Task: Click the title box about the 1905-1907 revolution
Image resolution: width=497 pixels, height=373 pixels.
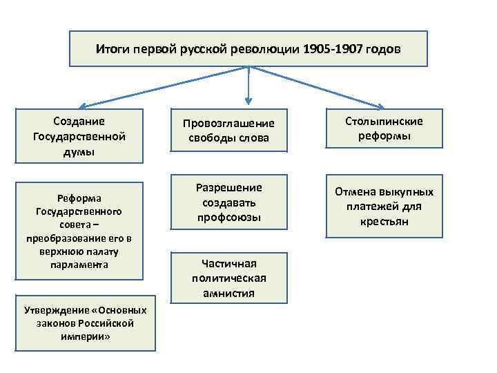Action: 248,49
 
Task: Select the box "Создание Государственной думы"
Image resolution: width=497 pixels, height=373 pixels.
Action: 79,136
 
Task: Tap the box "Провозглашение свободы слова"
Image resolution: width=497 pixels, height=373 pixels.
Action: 228,131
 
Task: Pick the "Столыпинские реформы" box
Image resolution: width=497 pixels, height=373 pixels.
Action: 384,128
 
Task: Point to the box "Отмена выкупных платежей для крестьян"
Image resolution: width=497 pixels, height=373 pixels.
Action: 384,207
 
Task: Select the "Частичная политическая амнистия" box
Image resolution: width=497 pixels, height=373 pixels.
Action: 228,278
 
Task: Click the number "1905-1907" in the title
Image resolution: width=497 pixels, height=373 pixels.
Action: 334,50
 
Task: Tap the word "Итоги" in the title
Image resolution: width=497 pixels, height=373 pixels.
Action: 110,50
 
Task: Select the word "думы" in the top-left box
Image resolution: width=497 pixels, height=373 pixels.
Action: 79,151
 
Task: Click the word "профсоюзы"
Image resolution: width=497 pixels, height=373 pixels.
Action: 228,218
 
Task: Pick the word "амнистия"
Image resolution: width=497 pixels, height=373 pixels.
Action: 228,293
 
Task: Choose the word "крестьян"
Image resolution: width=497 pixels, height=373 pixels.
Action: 384,222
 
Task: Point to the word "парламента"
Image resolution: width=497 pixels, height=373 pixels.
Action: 79,265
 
